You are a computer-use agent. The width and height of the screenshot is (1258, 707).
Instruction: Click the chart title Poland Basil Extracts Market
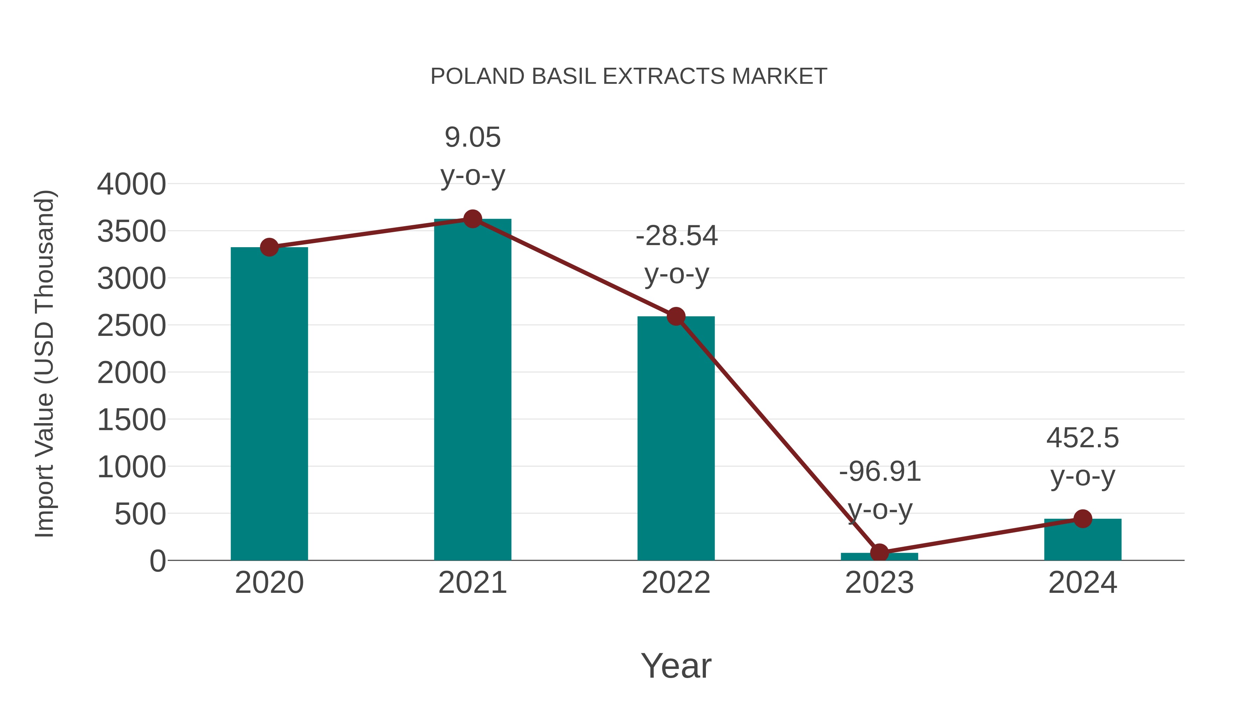[629, 76]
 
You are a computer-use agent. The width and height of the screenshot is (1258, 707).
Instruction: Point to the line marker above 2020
[269, 248]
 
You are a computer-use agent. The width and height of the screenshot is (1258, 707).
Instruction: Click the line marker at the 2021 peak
[472, 219]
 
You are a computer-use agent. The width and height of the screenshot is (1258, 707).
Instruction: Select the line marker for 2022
[675, 317]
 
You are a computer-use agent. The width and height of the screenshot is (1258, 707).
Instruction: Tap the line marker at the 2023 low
[879, 553]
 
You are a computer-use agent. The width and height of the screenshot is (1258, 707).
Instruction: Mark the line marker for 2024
[1083, 519]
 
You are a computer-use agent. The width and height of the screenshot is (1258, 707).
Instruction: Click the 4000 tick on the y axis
[131, 184]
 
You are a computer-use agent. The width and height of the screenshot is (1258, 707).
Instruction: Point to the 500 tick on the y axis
[140, 514]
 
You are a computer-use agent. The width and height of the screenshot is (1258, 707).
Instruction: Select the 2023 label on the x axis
[879, 583]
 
